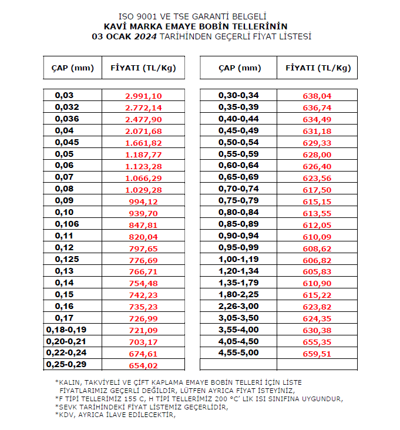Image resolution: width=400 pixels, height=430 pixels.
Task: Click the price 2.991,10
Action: point(143,96)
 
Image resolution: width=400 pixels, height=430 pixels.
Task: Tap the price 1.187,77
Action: point(143,154)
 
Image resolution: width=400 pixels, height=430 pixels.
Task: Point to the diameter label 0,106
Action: point(66,224)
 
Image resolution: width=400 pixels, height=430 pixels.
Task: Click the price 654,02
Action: point(143,365)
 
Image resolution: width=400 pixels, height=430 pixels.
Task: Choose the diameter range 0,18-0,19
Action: point(66,330)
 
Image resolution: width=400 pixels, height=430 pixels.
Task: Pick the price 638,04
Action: point(317,96)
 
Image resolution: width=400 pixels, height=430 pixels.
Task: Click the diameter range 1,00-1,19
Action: point(238,259)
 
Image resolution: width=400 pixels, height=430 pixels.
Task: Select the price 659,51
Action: point(317,354)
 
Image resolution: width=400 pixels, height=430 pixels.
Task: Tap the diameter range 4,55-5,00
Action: point(238,353)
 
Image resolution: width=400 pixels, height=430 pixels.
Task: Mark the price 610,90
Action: point(317,283)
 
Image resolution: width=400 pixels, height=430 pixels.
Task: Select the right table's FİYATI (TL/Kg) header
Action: point(318,68)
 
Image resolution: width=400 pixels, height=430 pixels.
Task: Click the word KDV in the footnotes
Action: point(66,414)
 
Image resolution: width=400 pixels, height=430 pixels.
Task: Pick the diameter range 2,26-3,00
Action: point(238,306)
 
